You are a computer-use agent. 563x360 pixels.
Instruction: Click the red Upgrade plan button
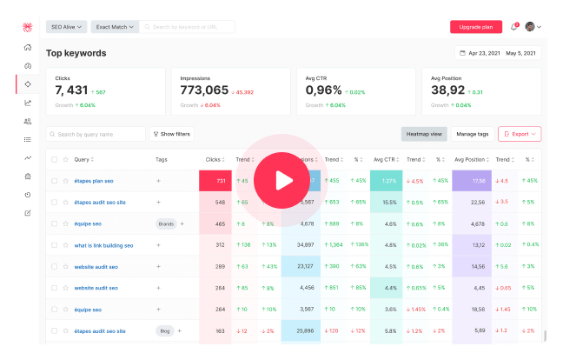point(476,27)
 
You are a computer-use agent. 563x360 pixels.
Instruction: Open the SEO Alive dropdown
point(66,27)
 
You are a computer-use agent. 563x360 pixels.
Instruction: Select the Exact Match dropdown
point(114,27)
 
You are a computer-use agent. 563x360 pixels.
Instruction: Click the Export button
point(520,134)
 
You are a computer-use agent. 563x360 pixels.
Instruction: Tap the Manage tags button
point(473,134)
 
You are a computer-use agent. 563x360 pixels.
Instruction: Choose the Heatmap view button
point(423,134)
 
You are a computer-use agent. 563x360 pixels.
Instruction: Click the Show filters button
point(171,134)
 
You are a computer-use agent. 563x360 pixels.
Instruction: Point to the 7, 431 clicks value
point(71,90)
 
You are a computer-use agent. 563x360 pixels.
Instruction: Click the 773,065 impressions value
point(204,90)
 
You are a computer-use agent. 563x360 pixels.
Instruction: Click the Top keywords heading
point(76,53)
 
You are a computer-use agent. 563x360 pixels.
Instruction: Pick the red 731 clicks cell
point(219,181)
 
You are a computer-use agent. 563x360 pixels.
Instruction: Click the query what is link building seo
point(105,245)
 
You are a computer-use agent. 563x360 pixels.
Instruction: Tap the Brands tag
point(165,223)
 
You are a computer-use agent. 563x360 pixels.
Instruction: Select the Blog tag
point(164,330)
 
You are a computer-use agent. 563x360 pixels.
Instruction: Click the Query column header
point(82,159)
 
